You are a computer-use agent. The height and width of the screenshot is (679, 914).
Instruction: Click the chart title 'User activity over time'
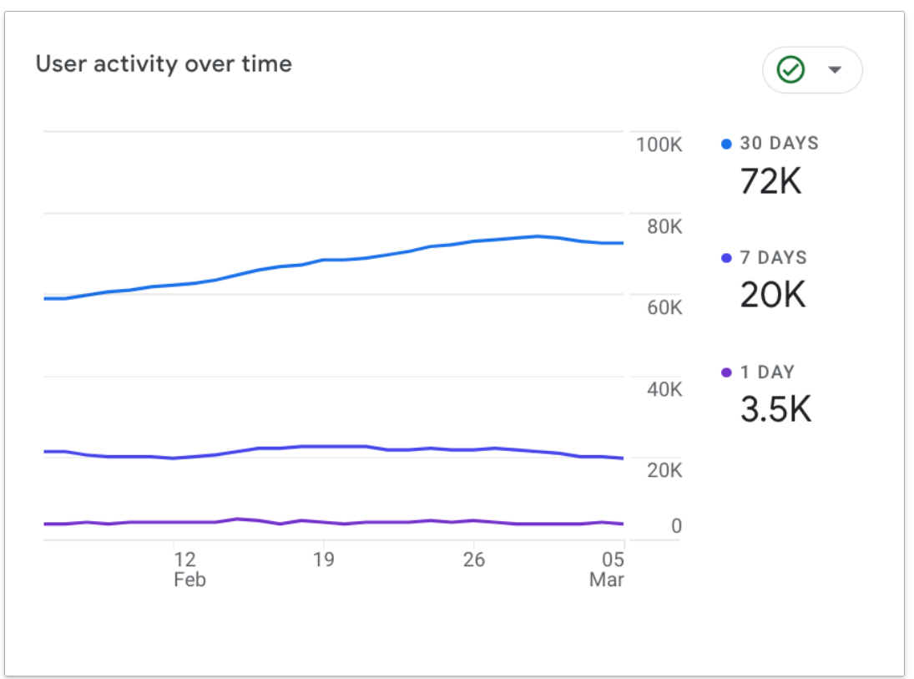164,64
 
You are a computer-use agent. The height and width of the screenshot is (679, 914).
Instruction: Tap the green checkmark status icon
790,69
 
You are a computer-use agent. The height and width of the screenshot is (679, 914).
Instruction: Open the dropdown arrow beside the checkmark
835,70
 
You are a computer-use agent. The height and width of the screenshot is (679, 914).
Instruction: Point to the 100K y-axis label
659,144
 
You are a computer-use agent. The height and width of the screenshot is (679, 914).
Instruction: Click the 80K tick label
664,226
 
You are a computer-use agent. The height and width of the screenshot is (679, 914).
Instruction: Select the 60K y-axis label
664,307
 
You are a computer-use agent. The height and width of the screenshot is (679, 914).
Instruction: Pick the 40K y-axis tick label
664,389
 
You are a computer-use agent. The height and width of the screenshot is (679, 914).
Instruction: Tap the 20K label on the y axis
664,470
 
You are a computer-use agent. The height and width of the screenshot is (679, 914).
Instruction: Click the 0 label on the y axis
676,525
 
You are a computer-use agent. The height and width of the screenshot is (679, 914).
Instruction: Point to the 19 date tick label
324,560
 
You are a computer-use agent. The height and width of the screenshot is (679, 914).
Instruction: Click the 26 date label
474,560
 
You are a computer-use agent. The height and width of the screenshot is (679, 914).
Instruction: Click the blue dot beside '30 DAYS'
726,144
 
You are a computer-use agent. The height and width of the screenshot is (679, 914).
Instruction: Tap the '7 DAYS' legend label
774,257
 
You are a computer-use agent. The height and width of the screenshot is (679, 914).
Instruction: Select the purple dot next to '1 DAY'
726,372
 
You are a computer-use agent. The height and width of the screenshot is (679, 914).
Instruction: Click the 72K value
770,181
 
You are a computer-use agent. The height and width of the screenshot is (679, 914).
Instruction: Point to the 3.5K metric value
775,409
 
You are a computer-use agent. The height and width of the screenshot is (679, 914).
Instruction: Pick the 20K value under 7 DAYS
773,295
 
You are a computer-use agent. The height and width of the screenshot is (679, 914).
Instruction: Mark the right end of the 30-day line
624,243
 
